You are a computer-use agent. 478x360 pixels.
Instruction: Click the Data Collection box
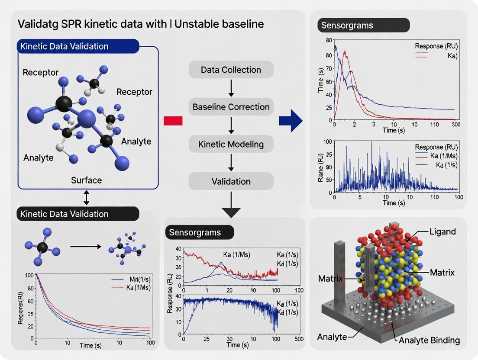[231, 70]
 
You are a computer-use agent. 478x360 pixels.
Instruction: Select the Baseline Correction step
[231, 107]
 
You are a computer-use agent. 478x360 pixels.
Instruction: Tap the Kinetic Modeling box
[231, 144]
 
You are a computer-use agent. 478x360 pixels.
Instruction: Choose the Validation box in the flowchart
[231, 181]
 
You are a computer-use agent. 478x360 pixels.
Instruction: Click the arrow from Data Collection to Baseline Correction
[231, 88]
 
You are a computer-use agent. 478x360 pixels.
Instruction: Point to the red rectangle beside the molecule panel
[173, 121]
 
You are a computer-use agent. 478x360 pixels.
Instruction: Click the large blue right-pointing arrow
[291, 120]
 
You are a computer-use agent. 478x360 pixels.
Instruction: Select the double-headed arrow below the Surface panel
[86, 197]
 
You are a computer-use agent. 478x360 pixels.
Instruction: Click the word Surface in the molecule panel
[86, 180]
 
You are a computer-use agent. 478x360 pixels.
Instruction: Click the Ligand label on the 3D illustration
[442, 231]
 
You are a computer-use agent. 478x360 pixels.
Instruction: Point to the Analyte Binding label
[429, 340]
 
